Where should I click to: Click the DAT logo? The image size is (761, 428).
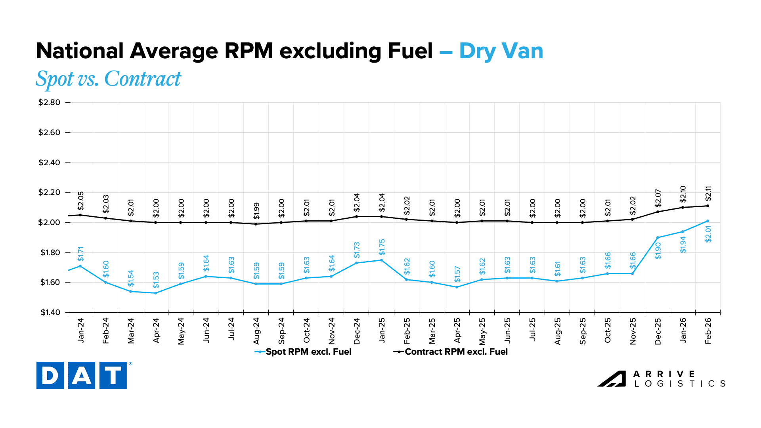point(82,375)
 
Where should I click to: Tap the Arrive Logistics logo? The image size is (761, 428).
point(661,379)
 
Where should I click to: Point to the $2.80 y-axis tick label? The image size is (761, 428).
point(49,103)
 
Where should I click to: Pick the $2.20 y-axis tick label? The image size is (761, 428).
point(49,193)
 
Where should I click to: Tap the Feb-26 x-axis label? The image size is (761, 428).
point(708,331)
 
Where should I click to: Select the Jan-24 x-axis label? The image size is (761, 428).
point(81,331)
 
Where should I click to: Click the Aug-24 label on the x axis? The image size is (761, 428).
point(256,331)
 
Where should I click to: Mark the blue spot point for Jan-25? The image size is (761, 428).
point(382,260)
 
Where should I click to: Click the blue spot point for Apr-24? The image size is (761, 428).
point(156,293)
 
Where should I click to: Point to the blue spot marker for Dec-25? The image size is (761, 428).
point(658,238)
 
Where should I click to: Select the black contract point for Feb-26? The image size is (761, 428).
point(708,206)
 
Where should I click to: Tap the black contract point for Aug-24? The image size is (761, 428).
point(256,224)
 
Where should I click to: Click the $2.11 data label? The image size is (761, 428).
point(708,194)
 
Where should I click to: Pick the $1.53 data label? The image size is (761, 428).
point(156,280)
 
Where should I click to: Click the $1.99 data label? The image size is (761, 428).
point(256,211)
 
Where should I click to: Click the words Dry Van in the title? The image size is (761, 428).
point(501,52)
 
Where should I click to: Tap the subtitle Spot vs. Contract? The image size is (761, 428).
point(108,78)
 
